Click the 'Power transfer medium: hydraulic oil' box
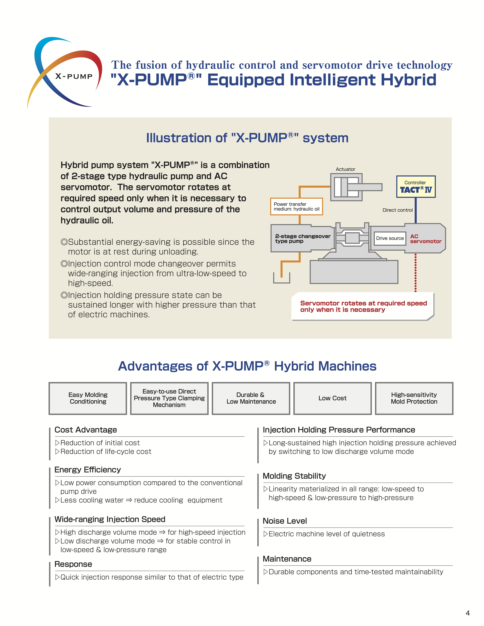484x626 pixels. click(296, 206)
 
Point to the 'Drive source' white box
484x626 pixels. click(390, 238)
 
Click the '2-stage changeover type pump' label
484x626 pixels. click(302, 238)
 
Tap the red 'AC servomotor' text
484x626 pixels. click(426, 239)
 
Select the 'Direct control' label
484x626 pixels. click(397, 210)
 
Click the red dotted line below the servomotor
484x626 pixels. click(415, 272)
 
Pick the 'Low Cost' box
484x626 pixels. click(332, 398)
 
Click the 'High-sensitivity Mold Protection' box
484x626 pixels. click(414, 398)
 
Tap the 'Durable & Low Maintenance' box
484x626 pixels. click(251, 398)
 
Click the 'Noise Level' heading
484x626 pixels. click(285, 521)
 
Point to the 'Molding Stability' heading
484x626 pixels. click(294, 476)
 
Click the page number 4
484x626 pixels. click(468, 613)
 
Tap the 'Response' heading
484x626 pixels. click(73, 564)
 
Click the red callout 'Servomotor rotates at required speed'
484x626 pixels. click(363, 306)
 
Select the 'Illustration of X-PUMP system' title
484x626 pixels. click(247, 138)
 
